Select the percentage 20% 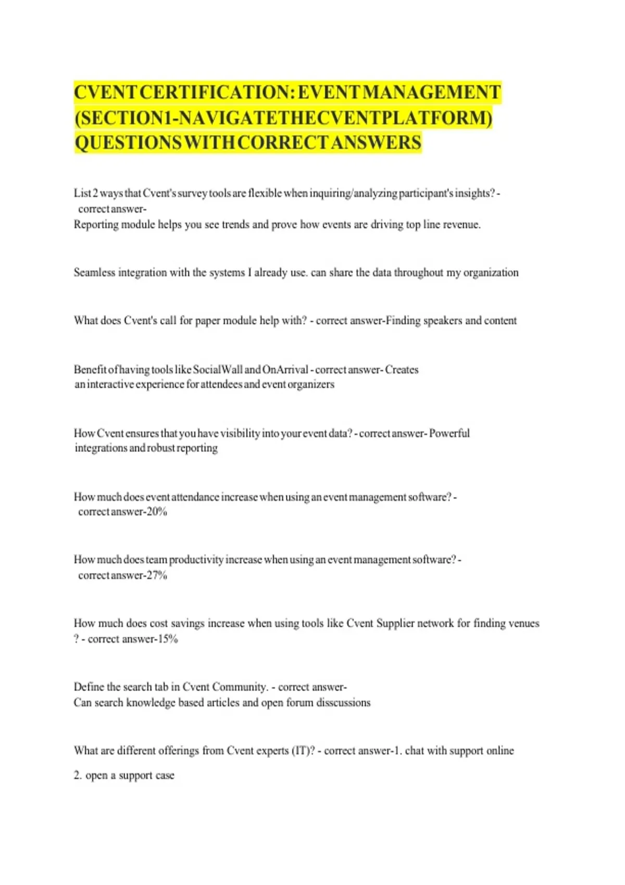point(157,512)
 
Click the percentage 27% point(157,575)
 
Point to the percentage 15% point(168,639)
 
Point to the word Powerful point(449,433)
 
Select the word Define point(89,687)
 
